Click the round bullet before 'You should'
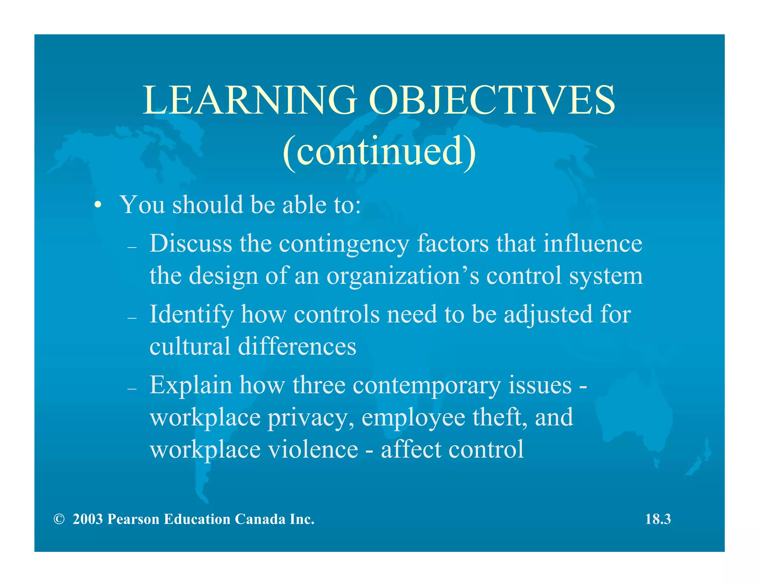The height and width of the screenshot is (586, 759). (x=97, y=205)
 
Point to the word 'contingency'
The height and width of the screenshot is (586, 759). (x=344, y=244)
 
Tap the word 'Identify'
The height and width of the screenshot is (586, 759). (x=191, y=315)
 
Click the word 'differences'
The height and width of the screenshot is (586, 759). (x=297, y=346)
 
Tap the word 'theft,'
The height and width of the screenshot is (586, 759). (x=500, y=417)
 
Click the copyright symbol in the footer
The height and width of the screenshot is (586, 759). (x=59, y=519)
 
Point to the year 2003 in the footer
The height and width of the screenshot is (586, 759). (x=87, y=519)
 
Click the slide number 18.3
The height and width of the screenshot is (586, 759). (x=658, y=519)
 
